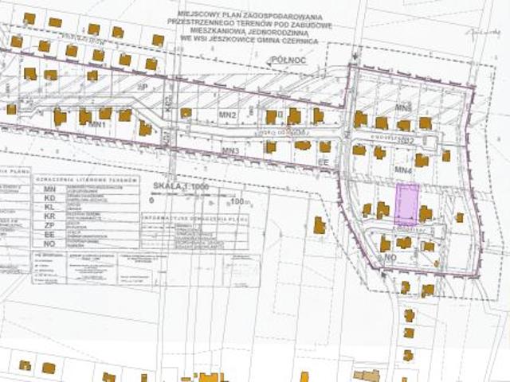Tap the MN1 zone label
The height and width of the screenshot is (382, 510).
[x=97, y=126]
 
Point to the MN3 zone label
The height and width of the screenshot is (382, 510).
[x=231, y=150]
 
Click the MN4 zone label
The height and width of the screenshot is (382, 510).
[x=402, y=170]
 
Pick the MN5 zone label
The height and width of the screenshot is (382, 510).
[x=403, y=107]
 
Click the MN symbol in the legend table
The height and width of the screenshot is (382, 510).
[x=49, y=189]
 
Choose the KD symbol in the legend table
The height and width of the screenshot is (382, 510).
[x=49, y=199]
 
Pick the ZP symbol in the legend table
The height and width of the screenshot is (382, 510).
[x=49, y=225]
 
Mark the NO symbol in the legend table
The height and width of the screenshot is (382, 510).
[x=49, y=244]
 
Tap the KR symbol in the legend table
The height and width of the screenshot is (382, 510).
[x=49, y=216]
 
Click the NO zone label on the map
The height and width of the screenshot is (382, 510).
[x=390, y=259]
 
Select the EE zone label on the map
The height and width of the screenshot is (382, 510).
[x=324, y=162]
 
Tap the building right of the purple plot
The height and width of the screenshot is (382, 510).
[x=426, y=213]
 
